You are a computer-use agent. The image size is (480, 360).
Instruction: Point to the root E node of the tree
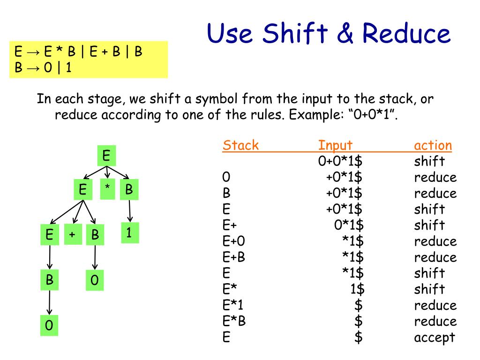(x=106, y=156)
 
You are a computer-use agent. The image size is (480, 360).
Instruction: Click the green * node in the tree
(x=107, y=189)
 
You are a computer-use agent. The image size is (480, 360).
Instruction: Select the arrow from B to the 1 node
(x=130, y=211)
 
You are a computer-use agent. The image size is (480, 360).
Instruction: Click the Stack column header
(x=240, y=145)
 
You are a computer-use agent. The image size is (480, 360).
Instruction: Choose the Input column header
(x=335, y=145)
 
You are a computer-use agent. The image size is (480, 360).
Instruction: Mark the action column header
(x=433, y=145)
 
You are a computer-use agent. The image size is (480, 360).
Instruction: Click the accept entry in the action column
(x=435, y=337)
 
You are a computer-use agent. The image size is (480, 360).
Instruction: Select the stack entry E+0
(x=234, y=241)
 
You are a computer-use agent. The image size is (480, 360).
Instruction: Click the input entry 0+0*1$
(x=341, y=161)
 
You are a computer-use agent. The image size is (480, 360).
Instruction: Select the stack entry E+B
(x=234, y=257)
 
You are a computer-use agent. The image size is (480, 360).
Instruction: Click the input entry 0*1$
(x=349, y=225)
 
